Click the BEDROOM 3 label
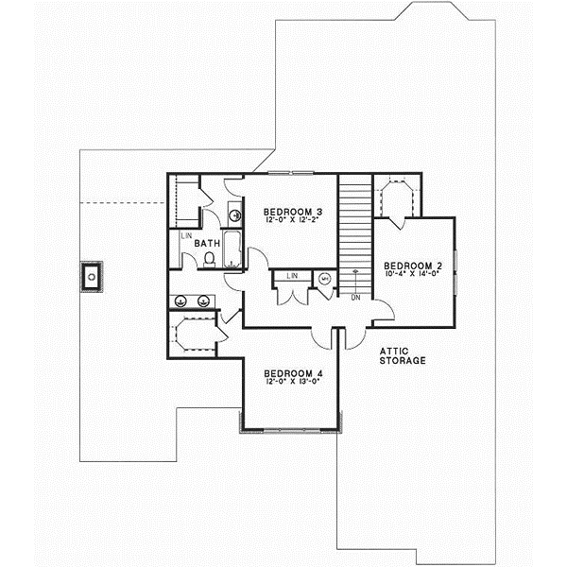click(x=288, y=211)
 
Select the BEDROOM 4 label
click(x=289, y=371)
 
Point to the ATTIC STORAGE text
click(x=403, y=355)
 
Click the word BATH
click(x=207, y=243)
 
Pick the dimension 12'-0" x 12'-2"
click(x=288, y=221)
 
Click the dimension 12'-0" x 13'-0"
click(x=289, y=382)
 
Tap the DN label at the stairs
click(x=355, y=298)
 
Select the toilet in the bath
click(x=209, y=259)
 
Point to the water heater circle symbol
click(x=325, y=279)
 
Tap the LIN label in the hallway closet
click(x=293, y=275)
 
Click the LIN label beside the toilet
click(x=187, y=234)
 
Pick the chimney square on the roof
click(x=91, y=277)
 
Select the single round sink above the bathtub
click(x=235, y=215)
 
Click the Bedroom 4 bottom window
click(x=290, y=429)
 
